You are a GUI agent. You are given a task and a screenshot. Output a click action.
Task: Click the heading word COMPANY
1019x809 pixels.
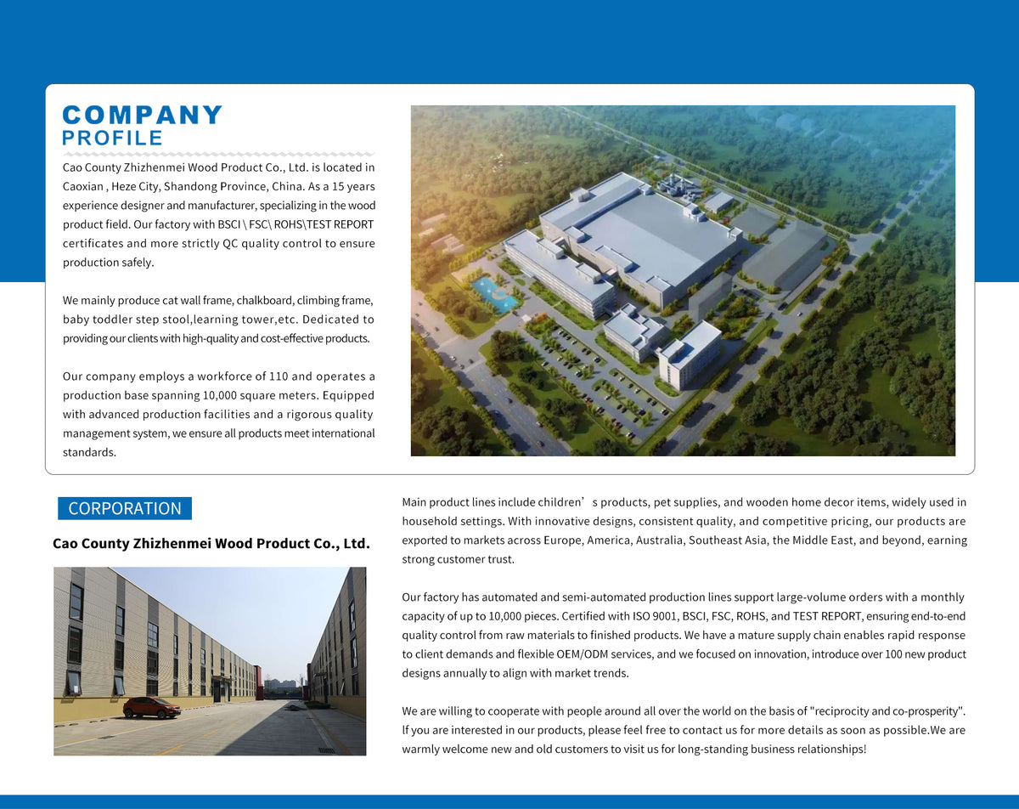click(x=143, y=115)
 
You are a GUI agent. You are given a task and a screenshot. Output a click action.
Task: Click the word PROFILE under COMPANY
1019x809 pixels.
click(x=112, y=138)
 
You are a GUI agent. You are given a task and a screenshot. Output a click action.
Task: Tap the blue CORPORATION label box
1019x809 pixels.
click(x=125, y=508)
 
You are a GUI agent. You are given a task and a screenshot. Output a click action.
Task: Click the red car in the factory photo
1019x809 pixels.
click(x=151, y=707)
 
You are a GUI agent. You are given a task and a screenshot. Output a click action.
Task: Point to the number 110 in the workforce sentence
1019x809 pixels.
click(x=279, y=376)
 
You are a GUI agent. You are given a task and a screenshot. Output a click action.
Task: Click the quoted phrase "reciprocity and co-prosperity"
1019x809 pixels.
click(x=887, y=710)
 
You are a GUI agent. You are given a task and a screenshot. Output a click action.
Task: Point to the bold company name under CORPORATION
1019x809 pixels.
click(x=211, y=543)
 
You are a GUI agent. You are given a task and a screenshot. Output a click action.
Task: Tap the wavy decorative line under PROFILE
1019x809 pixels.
click(x=218, y=154)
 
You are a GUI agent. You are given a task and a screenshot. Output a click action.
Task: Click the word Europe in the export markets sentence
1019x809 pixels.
click(x=610, y=540)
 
